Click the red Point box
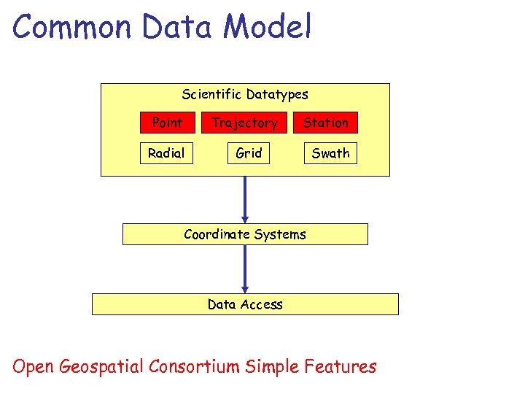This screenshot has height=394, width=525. point(167,123)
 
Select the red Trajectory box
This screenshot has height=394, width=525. point(244,123)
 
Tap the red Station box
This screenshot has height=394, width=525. point(326,123)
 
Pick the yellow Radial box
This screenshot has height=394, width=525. point(166,153)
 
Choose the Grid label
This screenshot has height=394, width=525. point(249,153)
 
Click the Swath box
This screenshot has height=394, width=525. point(330,153)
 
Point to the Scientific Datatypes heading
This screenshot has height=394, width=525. point(245,94)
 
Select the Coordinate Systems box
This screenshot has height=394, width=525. point(245,234)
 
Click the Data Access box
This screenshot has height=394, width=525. point(245,304)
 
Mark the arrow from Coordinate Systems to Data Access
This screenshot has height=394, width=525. point(245,269)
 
